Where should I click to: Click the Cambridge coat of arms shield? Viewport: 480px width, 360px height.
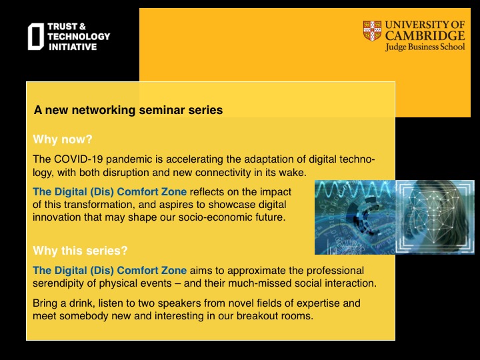[372, 31]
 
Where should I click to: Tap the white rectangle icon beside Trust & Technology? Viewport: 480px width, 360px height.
[36, 37]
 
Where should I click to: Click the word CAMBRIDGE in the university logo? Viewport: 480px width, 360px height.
[425, 36]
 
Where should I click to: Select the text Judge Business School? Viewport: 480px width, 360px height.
[425, 47]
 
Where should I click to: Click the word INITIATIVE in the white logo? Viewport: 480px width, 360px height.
[73, 47]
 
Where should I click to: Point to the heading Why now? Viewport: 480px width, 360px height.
[63, 139]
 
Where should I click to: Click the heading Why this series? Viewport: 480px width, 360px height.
[80, 251]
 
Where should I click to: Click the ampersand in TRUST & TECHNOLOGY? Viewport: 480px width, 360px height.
[83, 27]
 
